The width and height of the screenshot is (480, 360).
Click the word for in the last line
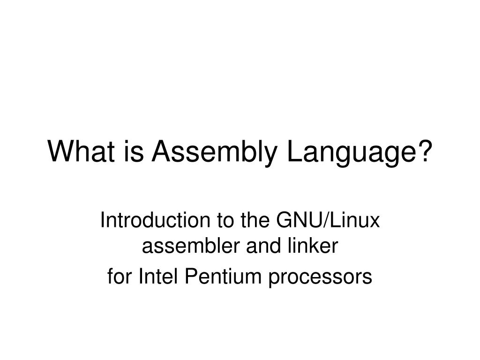click(117, 277)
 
